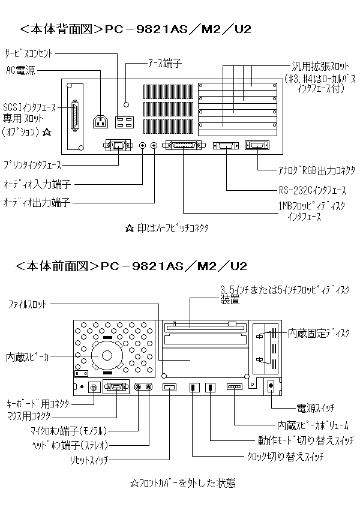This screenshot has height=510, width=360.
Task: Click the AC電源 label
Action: (20, 71)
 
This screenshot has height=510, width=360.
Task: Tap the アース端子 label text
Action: (164, 62)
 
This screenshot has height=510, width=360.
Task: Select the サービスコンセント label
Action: (29, 53)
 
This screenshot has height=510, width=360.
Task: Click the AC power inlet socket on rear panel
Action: (101, 121)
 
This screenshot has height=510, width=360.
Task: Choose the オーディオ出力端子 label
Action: (37, 203)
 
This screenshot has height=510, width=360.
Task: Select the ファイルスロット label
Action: (26, 305)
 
